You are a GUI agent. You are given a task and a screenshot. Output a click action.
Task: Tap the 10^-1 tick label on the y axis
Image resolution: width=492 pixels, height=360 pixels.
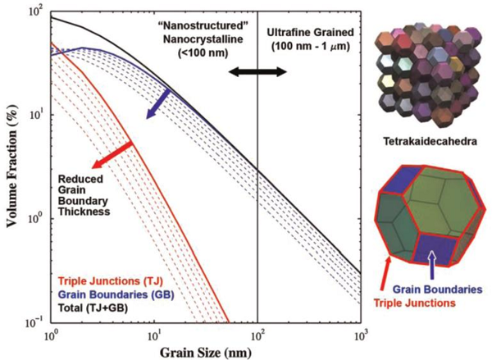click(x=34, y=323)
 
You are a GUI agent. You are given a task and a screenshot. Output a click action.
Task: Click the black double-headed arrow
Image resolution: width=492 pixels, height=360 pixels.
click(x=257, y=72)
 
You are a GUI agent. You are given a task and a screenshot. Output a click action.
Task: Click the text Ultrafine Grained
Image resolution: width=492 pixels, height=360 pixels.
click(x=309, y=32)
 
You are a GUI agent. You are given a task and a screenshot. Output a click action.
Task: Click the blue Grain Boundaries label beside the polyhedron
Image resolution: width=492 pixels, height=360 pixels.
click(x=435, y=289)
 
